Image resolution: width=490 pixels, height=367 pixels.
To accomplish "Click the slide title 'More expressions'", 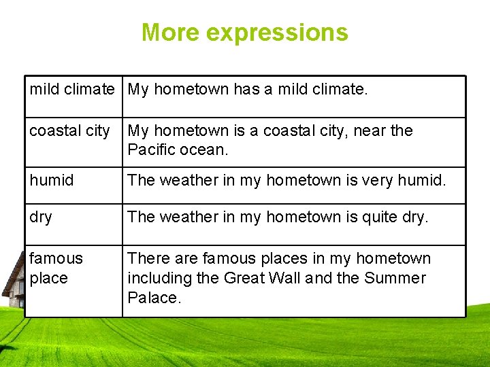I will [244, 33].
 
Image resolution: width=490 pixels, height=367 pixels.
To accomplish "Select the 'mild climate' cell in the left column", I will [72, 89].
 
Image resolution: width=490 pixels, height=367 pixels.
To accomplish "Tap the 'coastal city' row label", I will [69, 130].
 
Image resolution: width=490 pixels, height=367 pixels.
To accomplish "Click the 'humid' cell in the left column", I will [52, 180].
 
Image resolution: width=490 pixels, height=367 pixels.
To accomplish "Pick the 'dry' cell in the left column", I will [41, 217].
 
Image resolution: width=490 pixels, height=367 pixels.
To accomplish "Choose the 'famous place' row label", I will [56, 268].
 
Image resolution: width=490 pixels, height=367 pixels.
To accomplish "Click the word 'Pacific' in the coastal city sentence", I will [151, 150].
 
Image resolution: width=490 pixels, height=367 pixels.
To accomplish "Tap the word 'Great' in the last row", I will [246, 278].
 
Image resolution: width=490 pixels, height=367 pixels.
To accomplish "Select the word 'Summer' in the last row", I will [395, 278].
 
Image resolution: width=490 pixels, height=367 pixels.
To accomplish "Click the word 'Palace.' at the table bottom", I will [154, 298].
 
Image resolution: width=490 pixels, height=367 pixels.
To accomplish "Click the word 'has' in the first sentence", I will [246, 89].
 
